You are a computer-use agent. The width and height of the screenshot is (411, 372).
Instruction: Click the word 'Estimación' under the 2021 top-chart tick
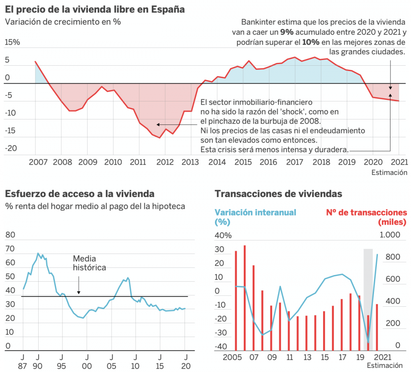click(389, 172)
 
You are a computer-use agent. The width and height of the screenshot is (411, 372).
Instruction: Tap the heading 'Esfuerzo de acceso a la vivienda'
click(80, 193)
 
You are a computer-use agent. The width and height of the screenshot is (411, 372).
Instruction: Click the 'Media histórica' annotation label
click(89, 263)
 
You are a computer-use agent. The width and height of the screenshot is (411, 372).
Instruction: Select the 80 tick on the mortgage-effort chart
click(10, 235)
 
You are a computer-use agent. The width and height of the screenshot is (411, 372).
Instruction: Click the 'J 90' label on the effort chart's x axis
click(37, 361)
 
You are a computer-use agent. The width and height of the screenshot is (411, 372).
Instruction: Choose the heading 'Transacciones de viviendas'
click(278, 193)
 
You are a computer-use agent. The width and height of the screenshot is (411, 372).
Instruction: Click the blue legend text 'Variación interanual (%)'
click(255, 217)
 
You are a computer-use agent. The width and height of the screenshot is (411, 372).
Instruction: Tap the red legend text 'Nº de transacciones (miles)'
click(366, 217)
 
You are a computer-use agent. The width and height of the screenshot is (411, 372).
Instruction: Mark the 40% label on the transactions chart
click(223, 236)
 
